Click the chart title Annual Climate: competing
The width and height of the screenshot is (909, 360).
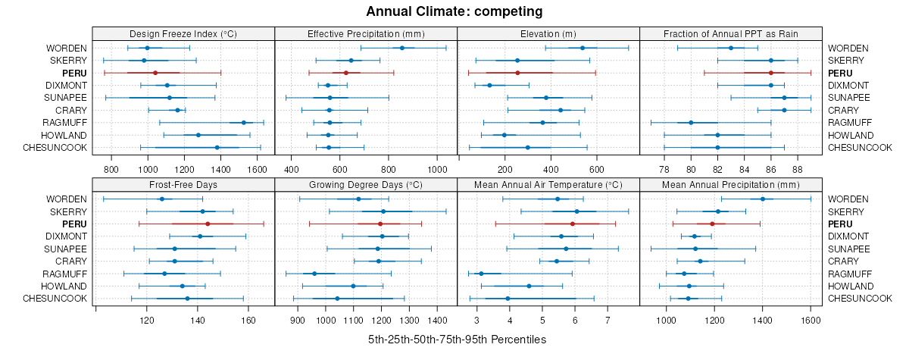click(454, 11)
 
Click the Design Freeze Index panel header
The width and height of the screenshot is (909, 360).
click(183, 33)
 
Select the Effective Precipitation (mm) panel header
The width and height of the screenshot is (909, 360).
click(366, 33)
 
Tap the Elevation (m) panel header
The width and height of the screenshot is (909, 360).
click(548, 33)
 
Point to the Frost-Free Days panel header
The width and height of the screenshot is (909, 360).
click(183, 184)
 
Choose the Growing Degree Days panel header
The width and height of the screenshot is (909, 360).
click(366, 184)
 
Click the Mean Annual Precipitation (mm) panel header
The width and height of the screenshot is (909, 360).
click(731, 184)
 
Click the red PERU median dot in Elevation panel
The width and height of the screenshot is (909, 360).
click(517, 73)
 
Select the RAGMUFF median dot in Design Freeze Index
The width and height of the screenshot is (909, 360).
click(243, 122)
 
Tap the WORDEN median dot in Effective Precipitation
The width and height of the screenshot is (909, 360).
click(402, 48)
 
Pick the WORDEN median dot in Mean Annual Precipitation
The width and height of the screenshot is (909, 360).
click(763, 199)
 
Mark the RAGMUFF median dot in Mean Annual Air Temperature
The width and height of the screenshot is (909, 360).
click(480, 274)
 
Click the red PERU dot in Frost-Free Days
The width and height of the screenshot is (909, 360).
click(208, 224)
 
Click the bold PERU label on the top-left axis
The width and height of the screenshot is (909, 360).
click(75, 73)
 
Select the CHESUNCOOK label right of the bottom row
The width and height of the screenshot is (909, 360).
click(860, 299)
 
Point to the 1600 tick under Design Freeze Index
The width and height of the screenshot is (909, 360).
click(257, 168)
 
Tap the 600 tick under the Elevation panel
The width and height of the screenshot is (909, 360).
click(596, 168)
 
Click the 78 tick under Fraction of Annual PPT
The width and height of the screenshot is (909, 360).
click(664, 168)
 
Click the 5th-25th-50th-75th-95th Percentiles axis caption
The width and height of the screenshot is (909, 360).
click(457, 340)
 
